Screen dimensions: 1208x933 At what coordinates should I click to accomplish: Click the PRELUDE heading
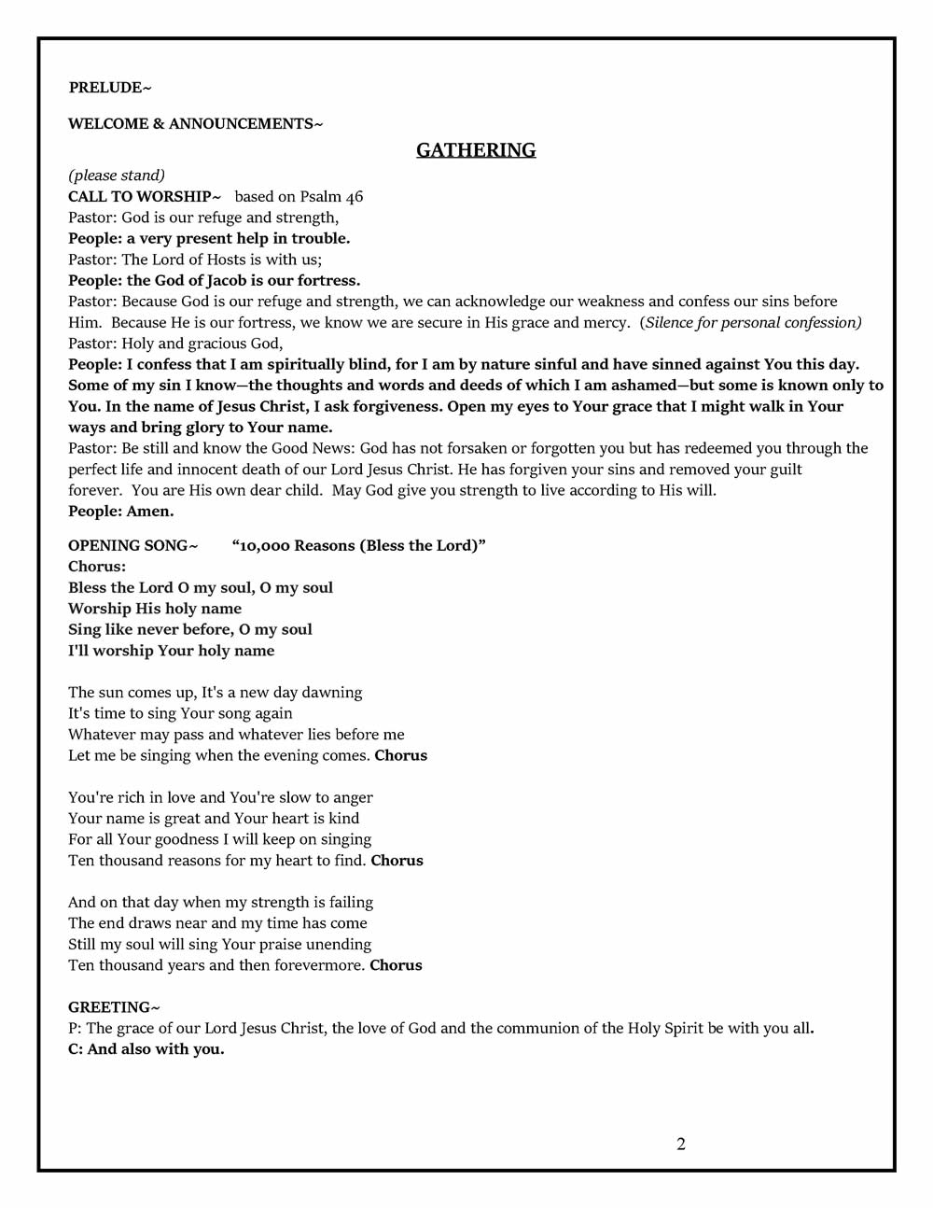(x=109, y=88)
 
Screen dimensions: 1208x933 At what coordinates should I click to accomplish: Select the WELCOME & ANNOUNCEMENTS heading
(x=195, y=124)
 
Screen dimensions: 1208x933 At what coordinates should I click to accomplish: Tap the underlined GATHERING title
(x=476, y=150)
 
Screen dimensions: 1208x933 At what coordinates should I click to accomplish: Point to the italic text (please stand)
(x=117, y=176)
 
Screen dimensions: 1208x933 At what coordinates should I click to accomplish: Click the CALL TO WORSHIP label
(x=145, y=197)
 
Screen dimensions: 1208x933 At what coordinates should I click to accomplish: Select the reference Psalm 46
(x=331, y=197)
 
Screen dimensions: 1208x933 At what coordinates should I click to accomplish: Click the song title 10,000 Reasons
(x=358, y=546)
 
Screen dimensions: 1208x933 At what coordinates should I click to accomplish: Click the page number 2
(x=681, y=1145)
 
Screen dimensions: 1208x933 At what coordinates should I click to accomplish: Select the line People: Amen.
(x=120, y=512)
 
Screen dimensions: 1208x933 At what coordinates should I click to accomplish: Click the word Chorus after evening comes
(x=400, y=756)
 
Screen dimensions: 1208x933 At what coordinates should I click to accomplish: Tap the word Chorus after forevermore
(x=396, y=965)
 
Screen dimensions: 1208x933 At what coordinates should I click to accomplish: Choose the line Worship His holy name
(x=155, y=609)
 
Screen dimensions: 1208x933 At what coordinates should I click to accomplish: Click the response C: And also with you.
(x=146, y=1049)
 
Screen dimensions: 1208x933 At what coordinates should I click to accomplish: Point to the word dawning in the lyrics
(x=333, y=693)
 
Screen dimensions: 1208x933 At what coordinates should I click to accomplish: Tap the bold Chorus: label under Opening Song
(x=97, y=567)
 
